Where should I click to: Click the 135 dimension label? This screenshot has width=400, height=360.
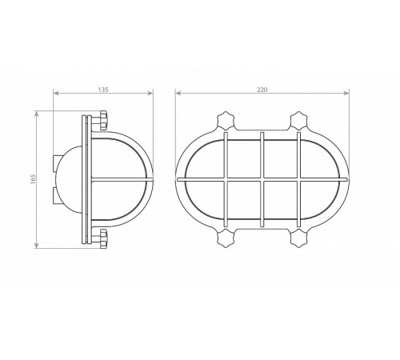(103, 90)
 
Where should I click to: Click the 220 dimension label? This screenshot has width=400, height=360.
(262, 90)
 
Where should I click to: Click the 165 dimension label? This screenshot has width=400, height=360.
(33, 179)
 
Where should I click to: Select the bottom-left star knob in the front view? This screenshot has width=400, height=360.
(226, 238)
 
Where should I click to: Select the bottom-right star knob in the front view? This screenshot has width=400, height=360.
(299, 238)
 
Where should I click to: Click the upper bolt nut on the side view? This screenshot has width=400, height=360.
(103, 121)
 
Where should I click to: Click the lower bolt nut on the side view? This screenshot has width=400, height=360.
(103, 238)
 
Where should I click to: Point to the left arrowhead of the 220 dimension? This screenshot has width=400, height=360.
(178, 93)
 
